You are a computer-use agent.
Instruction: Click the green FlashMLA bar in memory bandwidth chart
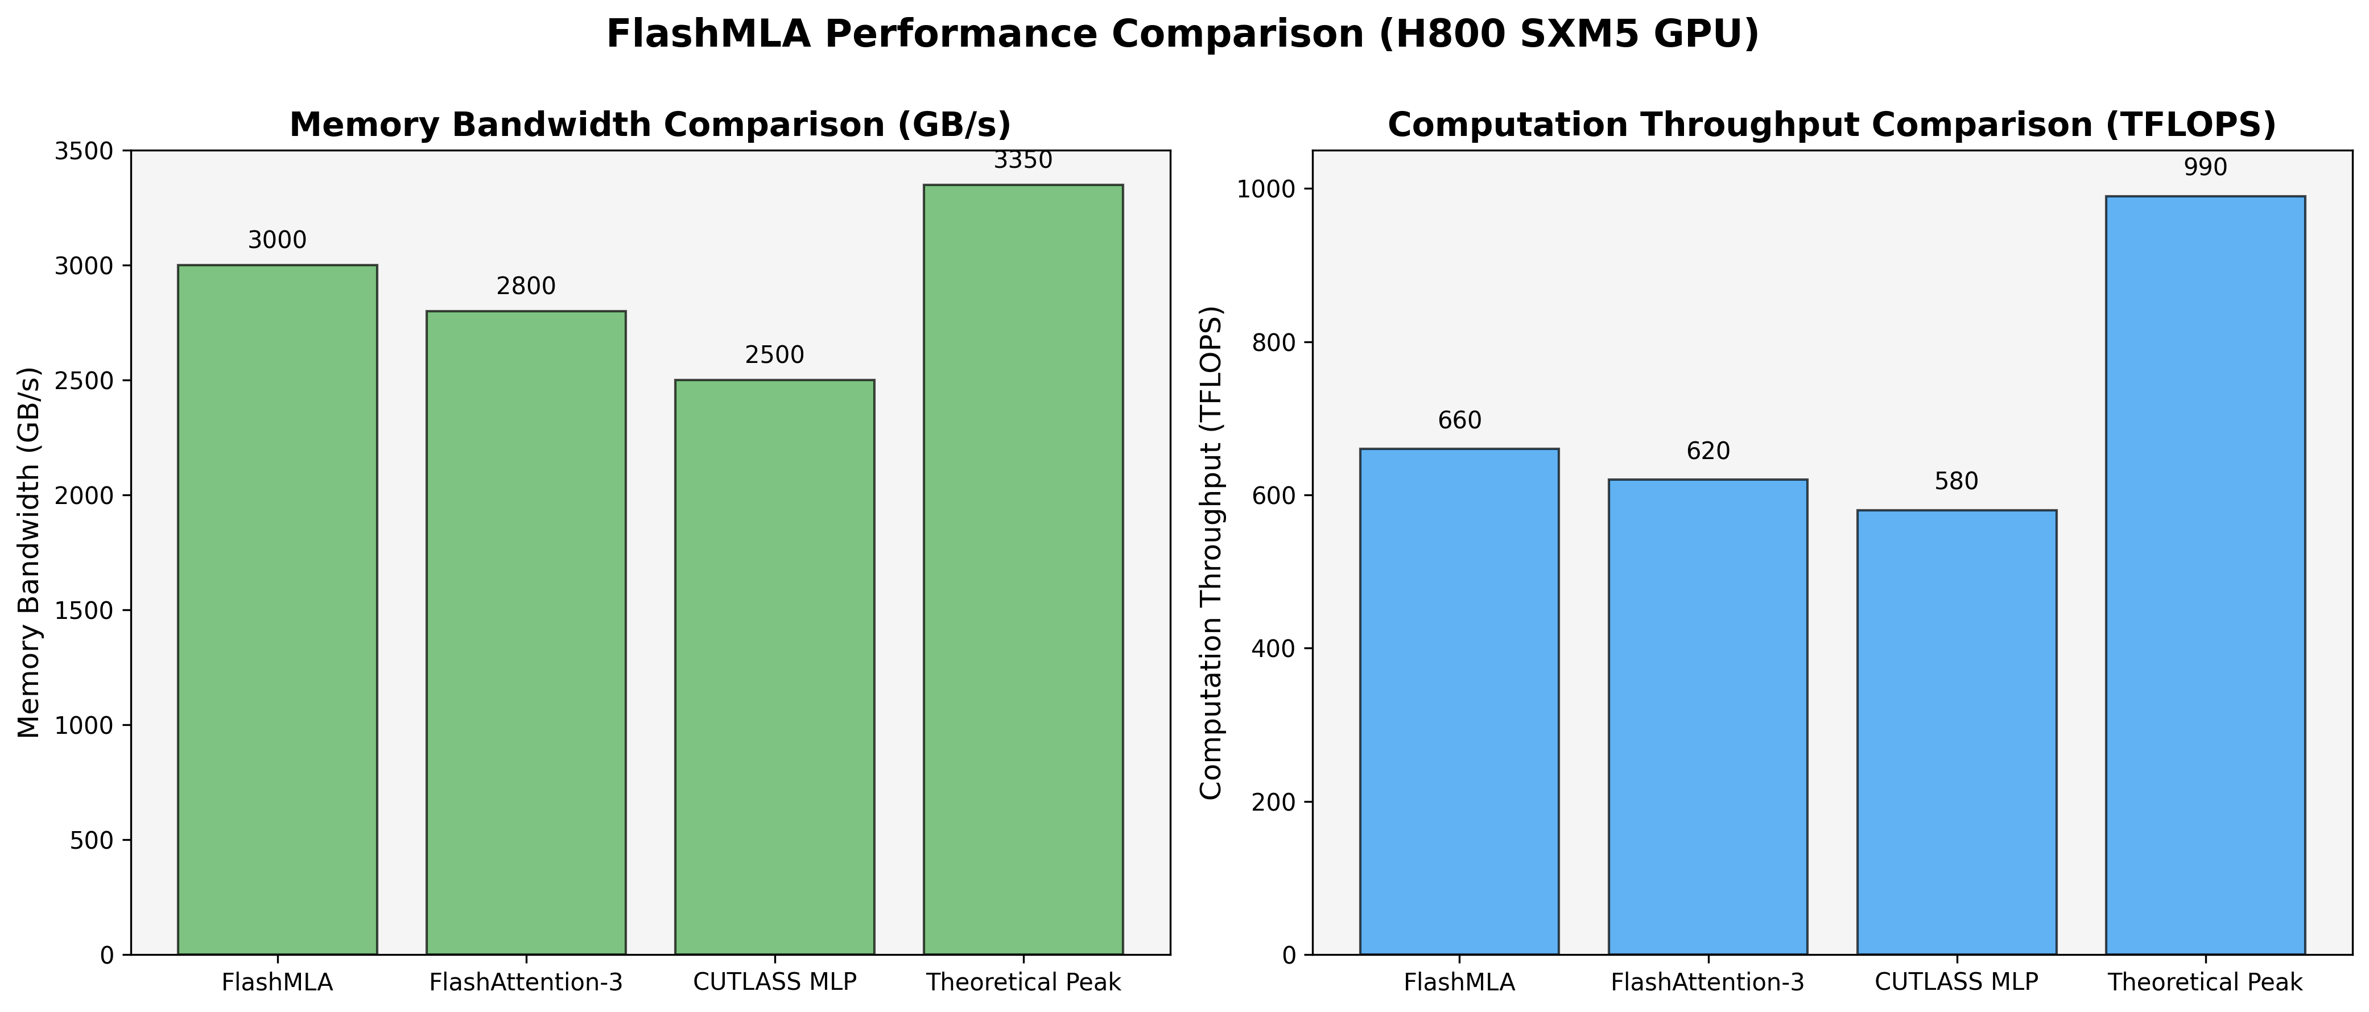coord(277,609)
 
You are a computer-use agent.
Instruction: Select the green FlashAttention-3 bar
coord(526,633)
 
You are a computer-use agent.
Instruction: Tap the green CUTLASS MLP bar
coord(774,666)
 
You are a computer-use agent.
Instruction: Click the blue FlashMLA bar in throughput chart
coord(1459,701)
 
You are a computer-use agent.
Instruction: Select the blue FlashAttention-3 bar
coord(1708,717)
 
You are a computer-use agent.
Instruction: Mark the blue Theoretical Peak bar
coord(2205,575)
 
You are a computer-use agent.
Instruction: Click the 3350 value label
coord(1023,161)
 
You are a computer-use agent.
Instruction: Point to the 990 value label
coord(2205,168)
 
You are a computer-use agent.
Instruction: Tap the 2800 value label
coord(526,287)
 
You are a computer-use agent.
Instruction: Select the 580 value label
coord(1956,482)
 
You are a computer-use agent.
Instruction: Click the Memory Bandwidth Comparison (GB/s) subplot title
coord(650,125)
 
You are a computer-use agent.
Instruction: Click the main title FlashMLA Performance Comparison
coord(1183,35)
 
